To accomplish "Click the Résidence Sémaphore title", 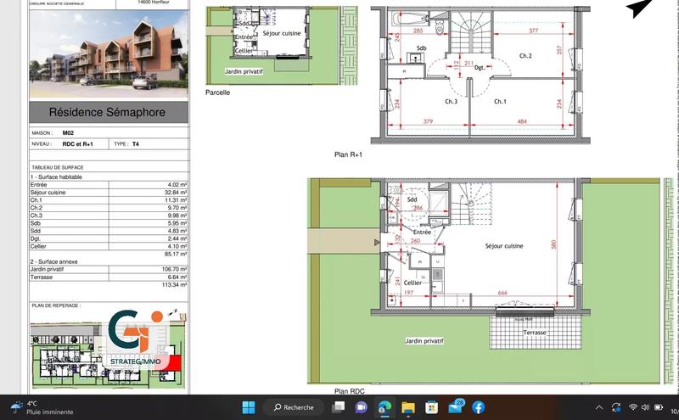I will tap(107, 112).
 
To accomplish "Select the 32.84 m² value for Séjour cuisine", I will tap(174, 193).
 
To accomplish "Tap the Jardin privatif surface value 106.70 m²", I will tap(173, 269).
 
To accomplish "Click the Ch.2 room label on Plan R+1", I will tap(525, 56).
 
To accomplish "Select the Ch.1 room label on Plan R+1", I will tap(500, 102).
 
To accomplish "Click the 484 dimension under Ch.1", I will tap(519, 121).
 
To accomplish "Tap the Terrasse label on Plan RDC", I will tap(535, 333).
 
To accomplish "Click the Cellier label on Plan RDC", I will tap(413, 283).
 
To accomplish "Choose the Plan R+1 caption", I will tap(348, 155).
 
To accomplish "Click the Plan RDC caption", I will tap(350, 391).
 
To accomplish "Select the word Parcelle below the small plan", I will tap(217, 92).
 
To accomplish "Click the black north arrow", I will tap(637, 8).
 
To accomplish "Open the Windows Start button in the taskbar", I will tap(249, 407).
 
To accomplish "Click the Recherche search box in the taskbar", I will tap(294, 407).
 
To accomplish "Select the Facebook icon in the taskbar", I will tap(479, 407).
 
